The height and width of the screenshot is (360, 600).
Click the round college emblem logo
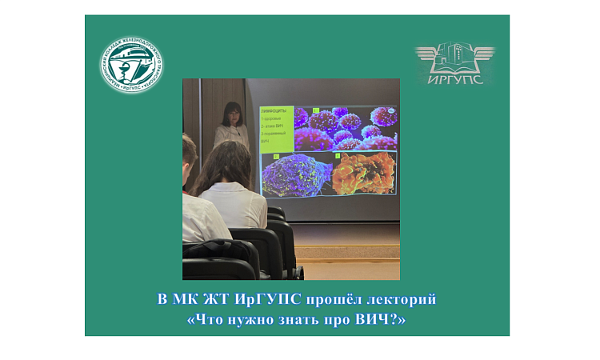coord(132,65)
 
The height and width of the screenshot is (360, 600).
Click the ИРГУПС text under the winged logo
coord(454,79)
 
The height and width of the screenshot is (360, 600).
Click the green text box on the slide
coord(276,128)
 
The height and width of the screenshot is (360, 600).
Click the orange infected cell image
coord(364,174)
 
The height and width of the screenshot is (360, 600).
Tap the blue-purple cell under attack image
coord(296,174)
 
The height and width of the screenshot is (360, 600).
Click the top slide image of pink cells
coord(345,128)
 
